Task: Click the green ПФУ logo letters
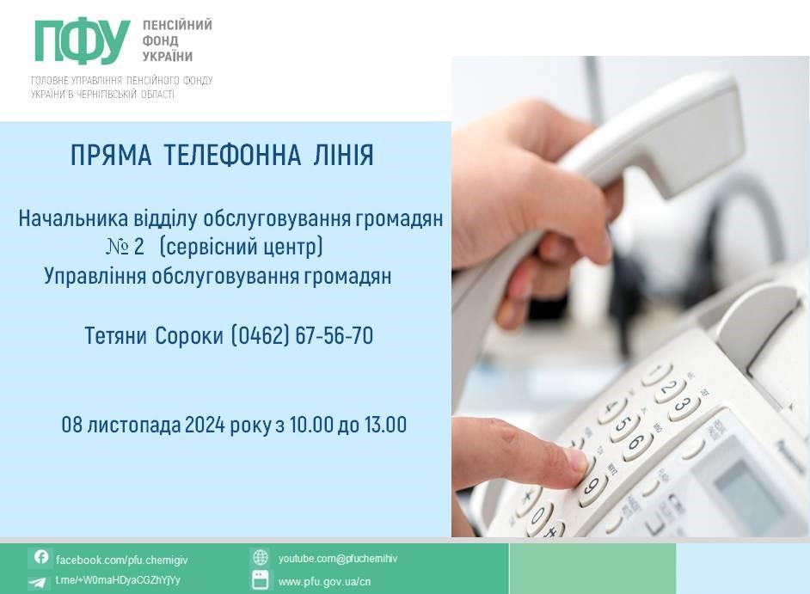point(83,41)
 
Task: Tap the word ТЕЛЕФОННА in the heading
point(232,155)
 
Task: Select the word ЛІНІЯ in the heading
point(343,155)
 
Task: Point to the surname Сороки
point(189,336)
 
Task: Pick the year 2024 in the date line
point(205,426)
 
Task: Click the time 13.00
point(385,426)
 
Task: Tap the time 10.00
point(310,426)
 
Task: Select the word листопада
point(134,426)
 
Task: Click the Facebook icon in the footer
point(40,557)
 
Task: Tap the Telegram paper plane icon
point(37,583)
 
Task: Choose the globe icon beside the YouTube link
point(260,558)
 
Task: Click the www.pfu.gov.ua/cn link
point(324,582)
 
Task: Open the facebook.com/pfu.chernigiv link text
point(122,560)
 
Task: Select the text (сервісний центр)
point(242,247)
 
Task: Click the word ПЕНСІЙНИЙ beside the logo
point(177,25)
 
